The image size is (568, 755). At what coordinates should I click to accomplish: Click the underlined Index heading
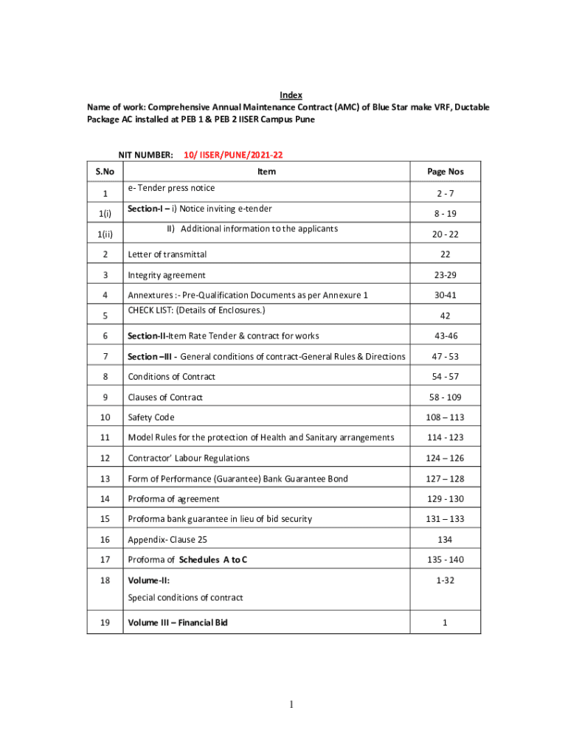(291, 95)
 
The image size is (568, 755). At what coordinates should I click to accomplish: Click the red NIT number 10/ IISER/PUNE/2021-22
(234, 156)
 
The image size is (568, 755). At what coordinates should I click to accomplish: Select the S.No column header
(105, 172)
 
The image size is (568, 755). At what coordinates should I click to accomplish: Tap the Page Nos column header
(445, 172)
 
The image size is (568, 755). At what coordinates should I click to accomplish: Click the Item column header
(266, 172)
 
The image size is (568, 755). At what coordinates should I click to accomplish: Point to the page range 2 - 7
(445, 193)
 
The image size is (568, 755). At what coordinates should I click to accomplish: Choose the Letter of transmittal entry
(167, 254)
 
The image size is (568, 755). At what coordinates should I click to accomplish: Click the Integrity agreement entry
(167, 275)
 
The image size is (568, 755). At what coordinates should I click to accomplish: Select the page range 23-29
(445, 275)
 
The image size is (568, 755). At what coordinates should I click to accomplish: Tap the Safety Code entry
(151, 417)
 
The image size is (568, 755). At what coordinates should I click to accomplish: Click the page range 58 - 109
(445, 397)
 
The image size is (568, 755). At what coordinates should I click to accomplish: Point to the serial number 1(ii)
(105, 234)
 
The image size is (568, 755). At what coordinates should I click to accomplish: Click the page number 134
(445, 540)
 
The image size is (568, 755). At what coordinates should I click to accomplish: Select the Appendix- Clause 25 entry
(167, 540)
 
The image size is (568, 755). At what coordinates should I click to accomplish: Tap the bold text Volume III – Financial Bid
(178, 622)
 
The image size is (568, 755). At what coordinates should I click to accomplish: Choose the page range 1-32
(445, 581)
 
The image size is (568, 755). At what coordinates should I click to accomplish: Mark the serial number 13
(105, 479)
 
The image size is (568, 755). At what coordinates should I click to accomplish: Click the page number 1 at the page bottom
(291, 706)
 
